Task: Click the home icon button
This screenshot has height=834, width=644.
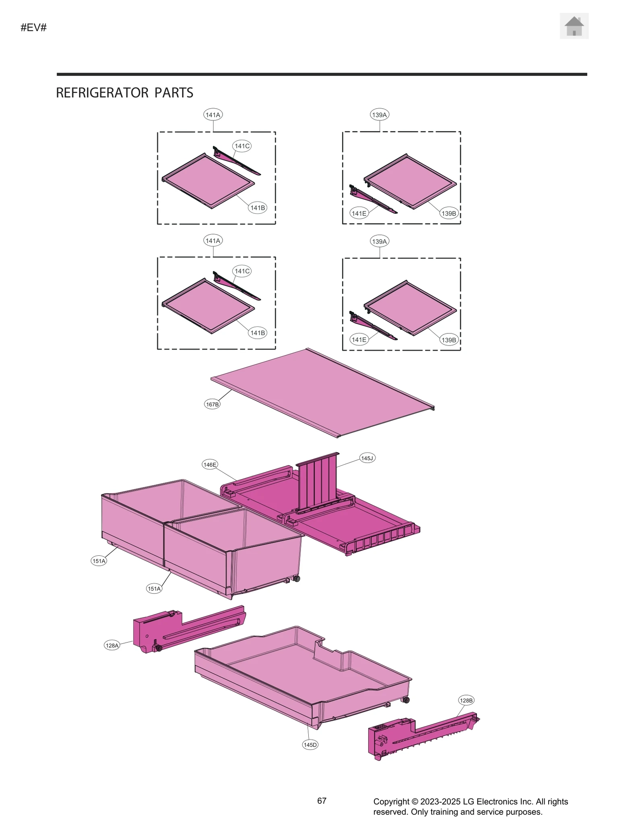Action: pos(574,26)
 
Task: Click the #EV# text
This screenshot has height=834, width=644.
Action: pos(34,27)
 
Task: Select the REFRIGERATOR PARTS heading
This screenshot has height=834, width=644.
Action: pos(124,93)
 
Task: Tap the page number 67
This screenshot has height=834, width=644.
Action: pos(322,801)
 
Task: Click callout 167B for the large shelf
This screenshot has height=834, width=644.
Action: pos(212,404)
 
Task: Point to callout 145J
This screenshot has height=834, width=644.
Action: pos(367,458)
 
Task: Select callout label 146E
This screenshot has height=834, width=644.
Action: pos(210,464)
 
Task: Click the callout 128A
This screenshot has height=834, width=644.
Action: pos(112,645)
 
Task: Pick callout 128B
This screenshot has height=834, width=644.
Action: pos(466,700)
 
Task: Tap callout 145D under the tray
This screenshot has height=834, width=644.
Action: pos(310,745)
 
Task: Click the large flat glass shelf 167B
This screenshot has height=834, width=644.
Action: pos(322,393)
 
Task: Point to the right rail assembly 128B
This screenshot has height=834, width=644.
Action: pos(419,735)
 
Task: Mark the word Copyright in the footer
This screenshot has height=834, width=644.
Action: pos(391,801)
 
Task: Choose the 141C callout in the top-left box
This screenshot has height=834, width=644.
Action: pos(242,146)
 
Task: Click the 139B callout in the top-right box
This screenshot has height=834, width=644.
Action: pos(448,213)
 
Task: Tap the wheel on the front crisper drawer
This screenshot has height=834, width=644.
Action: pos(297,579)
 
